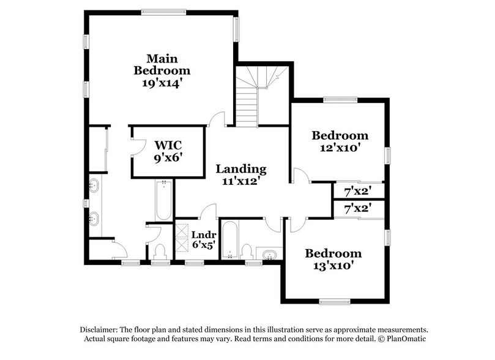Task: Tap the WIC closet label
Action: pyautogui.click(x=169, y=145)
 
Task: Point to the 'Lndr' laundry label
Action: pyautogui.click(x=201, y=234)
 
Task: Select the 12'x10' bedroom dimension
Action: pyautogui.click(x=340, y=148)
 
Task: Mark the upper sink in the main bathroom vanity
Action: pyautogui.click(x=94, y=185)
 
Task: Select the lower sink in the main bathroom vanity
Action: pyautogui.click(x=94, y=217)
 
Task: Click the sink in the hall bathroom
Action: pyautogui.click(x=269, y=254)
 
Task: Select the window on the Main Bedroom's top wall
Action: pyautogui.click(x=163, y=11)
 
